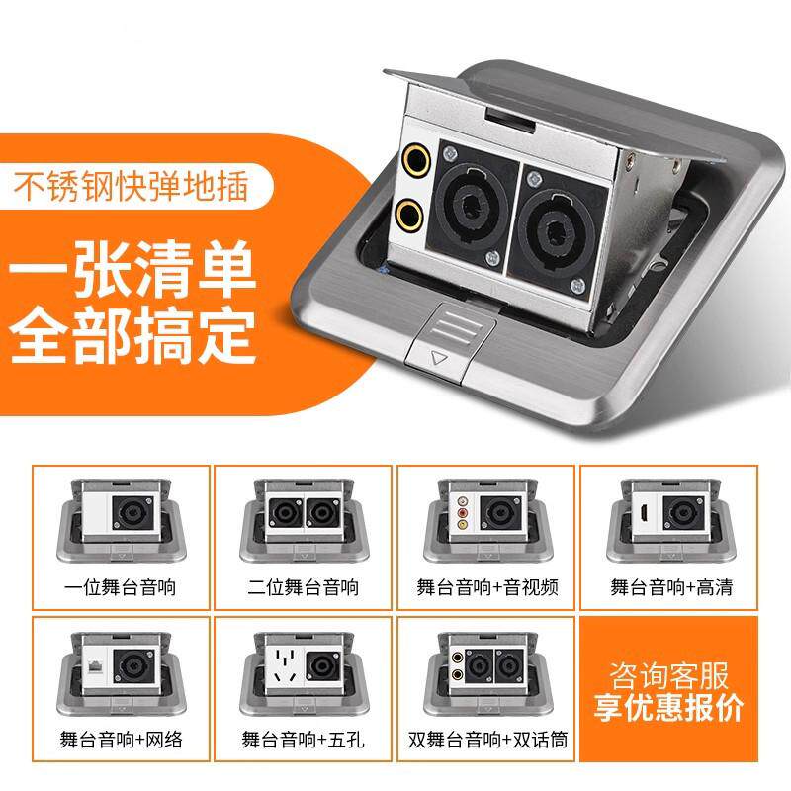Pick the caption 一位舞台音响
point(122,587)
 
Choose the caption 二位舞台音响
point(304,587)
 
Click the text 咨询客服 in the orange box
point(668,678)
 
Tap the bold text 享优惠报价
point(668,710)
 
